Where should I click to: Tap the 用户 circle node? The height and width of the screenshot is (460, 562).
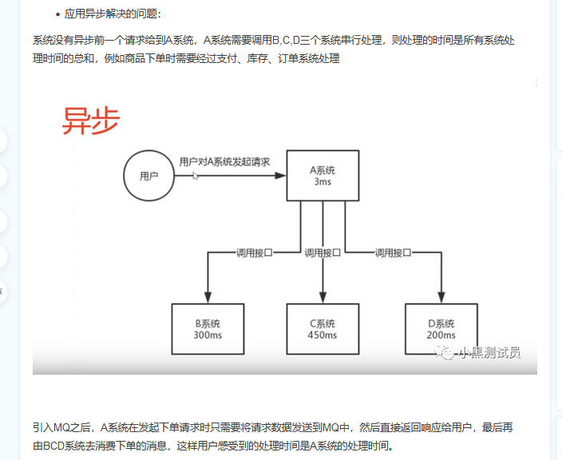click(149, 176)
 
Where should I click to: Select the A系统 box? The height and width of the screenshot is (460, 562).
click(323, 175)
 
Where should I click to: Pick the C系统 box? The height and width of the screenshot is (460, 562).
click(322, 329)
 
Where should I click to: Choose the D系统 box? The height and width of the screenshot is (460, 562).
click(441, 329)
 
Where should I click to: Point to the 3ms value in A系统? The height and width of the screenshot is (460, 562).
click(323, 183)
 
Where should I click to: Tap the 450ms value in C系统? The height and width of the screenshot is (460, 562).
click(322, 336)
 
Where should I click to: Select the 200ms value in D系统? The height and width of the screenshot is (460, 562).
click(441, 336)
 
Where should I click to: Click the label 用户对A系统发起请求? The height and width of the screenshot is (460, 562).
click(224, 161)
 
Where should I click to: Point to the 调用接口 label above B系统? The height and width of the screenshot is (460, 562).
click(255, 253)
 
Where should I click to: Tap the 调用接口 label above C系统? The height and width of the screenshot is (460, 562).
click(323, 253)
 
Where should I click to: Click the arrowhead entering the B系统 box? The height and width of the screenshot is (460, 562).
click(208, 297)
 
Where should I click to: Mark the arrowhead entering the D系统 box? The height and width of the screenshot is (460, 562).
click(441, 297)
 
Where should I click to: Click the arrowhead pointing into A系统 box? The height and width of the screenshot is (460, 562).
click(281, 176)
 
